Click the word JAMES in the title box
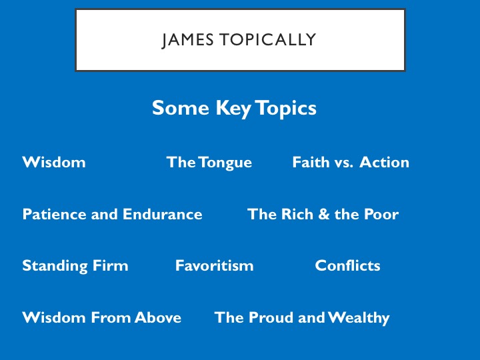pyautogui.click(x=187, y=40)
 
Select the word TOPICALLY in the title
pyautogui.click(x=267, y=39)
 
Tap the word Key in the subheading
pyautogui.click(x=233, y=109)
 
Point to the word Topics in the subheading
pyautogui.click(x=285, y=109)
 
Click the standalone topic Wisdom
pyautogui.click(x=54, y=162)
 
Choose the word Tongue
pyautogui.click(x=225, y=163)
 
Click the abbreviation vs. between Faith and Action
pyautogui.click(x=344, y=163)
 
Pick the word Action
pyautogui.click(x=384, y=162)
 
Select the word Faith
pyautogui.click(x=311, y=162)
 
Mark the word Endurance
pyautogui.click(x=163, y=214)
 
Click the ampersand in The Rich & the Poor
pyautogui.click(x=323, y=214)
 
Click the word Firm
pyautogui.click(x=110, y=265)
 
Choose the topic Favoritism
pyautogui.click(x=214, y=265)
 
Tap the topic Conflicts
pyautogui.click(x=347, y=265)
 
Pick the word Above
pyautogui.click(x=157, y=317)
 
